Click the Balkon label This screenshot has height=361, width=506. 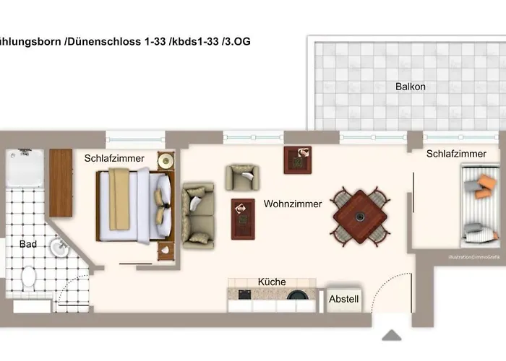410,87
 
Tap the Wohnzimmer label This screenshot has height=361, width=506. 293,204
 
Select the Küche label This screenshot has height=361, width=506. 272,282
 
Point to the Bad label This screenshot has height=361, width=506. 28,245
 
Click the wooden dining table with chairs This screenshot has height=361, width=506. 360,215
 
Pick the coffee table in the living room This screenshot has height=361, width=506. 242,218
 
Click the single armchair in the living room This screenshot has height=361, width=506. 241,176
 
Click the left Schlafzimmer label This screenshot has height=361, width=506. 114,159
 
